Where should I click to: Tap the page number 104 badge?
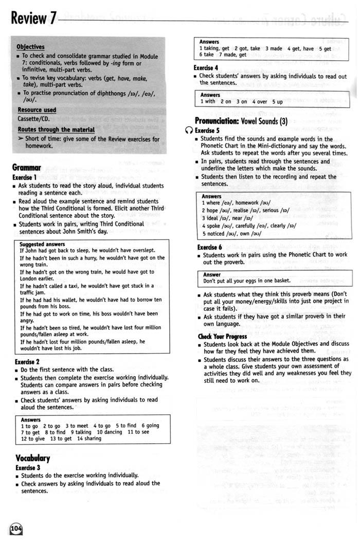16,529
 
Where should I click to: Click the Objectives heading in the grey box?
30,47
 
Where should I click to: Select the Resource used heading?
37,110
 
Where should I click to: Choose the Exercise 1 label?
26,177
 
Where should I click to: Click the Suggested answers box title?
42,243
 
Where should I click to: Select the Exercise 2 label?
27,362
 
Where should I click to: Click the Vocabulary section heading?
32,458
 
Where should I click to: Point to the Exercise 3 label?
27,467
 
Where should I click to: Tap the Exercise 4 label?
206,67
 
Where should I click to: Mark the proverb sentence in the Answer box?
246,281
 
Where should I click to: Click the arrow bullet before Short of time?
21,139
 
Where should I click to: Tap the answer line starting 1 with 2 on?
242,102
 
